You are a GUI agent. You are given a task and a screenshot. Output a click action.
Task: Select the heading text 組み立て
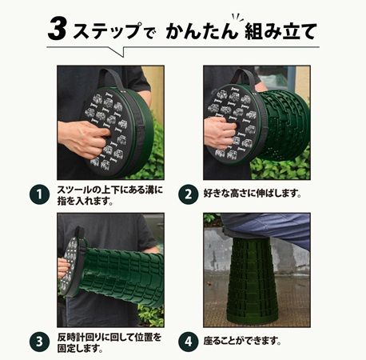[284, 32]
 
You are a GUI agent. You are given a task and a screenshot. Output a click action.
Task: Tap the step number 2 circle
[188, 194]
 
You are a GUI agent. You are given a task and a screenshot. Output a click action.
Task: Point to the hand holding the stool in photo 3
[64, 267]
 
